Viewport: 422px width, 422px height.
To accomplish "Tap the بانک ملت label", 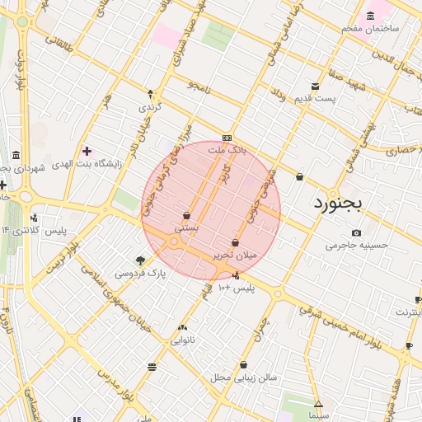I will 227,151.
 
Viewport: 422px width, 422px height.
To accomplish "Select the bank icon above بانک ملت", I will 227,138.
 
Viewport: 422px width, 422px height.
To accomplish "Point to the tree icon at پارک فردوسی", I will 140,260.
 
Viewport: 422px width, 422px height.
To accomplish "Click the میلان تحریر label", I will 237,256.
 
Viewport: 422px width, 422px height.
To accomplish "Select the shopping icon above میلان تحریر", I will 237,243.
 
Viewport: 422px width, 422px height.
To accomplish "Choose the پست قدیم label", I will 315,99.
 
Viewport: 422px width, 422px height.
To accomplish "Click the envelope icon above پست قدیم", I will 315,87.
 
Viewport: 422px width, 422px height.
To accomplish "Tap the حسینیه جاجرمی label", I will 356,245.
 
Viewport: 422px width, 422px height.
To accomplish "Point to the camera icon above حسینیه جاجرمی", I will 356,232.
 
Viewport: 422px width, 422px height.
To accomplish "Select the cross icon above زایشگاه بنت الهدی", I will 87,151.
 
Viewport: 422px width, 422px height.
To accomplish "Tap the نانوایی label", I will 182,339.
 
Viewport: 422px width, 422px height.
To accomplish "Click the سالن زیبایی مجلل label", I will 244,377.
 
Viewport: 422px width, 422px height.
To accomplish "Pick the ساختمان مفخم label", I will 372,27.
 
